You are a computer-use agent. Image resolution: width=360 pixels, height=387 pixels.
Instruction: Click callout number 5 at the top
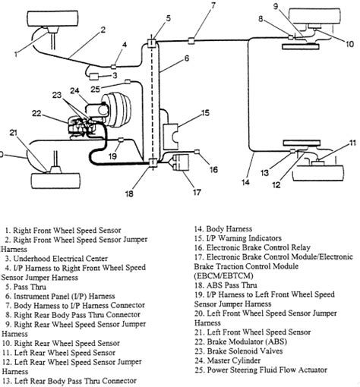coord(169,18)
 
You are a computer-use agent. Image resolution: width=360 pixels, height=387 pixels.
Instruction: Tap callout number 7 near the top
coord(213,5)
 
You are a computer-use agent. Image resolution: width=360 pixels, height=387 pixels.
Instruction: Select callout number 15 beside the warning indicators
coord(206,112)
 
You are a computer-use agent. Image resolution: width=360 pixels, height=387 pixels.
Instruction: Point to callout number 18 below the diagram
coord(129,193)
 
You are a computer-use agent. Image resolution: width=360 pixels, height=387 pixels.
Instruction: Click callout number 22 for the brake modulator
coord(36,113)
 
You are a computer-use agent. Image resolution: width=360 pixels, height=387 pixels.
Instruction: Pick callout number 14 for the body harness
coord(245,182)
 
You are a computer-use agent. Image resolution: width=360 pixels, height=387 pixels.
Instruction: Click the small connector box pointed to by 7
coord(191,40)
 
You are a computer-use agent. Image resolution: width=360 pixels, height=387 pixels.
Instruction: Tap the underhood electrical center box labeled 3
coord(94,76)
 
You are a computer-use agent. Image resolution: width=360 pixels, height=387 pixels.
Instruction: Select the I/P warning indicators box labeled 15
coord(171,137)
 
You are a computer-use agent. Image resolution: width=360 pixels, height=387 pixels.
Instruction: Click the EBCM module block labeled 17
coord(181,162)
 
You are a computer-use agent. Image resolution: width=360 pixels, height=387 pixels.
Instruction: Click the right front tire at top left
coord(52,18)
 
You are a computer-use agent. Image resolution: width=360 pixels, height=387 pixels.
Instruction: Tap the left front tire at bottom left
coord(55,181)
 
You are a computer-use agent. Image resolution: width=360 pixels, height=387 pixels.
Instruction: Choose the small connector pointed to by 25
coord(128,81)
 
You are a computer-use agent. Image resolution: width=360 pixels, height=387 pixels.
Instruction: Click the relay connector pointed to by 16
coord(197,152)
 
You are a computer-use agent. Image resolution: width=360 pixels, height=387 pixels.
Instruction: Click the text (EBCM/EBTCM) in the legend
coord(223,275)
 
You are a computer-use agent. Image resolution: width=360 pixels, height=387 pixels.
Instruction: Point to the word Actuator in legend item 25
coord(312,370)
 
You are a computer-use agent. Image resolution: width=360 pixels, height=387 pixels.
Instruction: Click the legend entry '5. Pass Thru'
coord(26,287)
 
